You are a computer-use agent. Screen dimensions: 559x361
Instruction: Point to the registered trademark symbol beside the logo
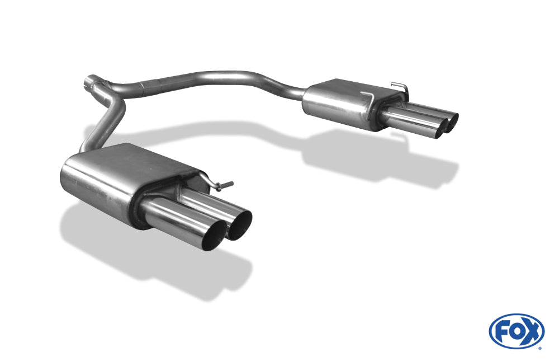click(x=541, y=348)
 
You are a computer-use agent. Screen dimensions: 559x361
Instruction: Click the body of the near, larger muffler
click(x=117, y=175)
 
